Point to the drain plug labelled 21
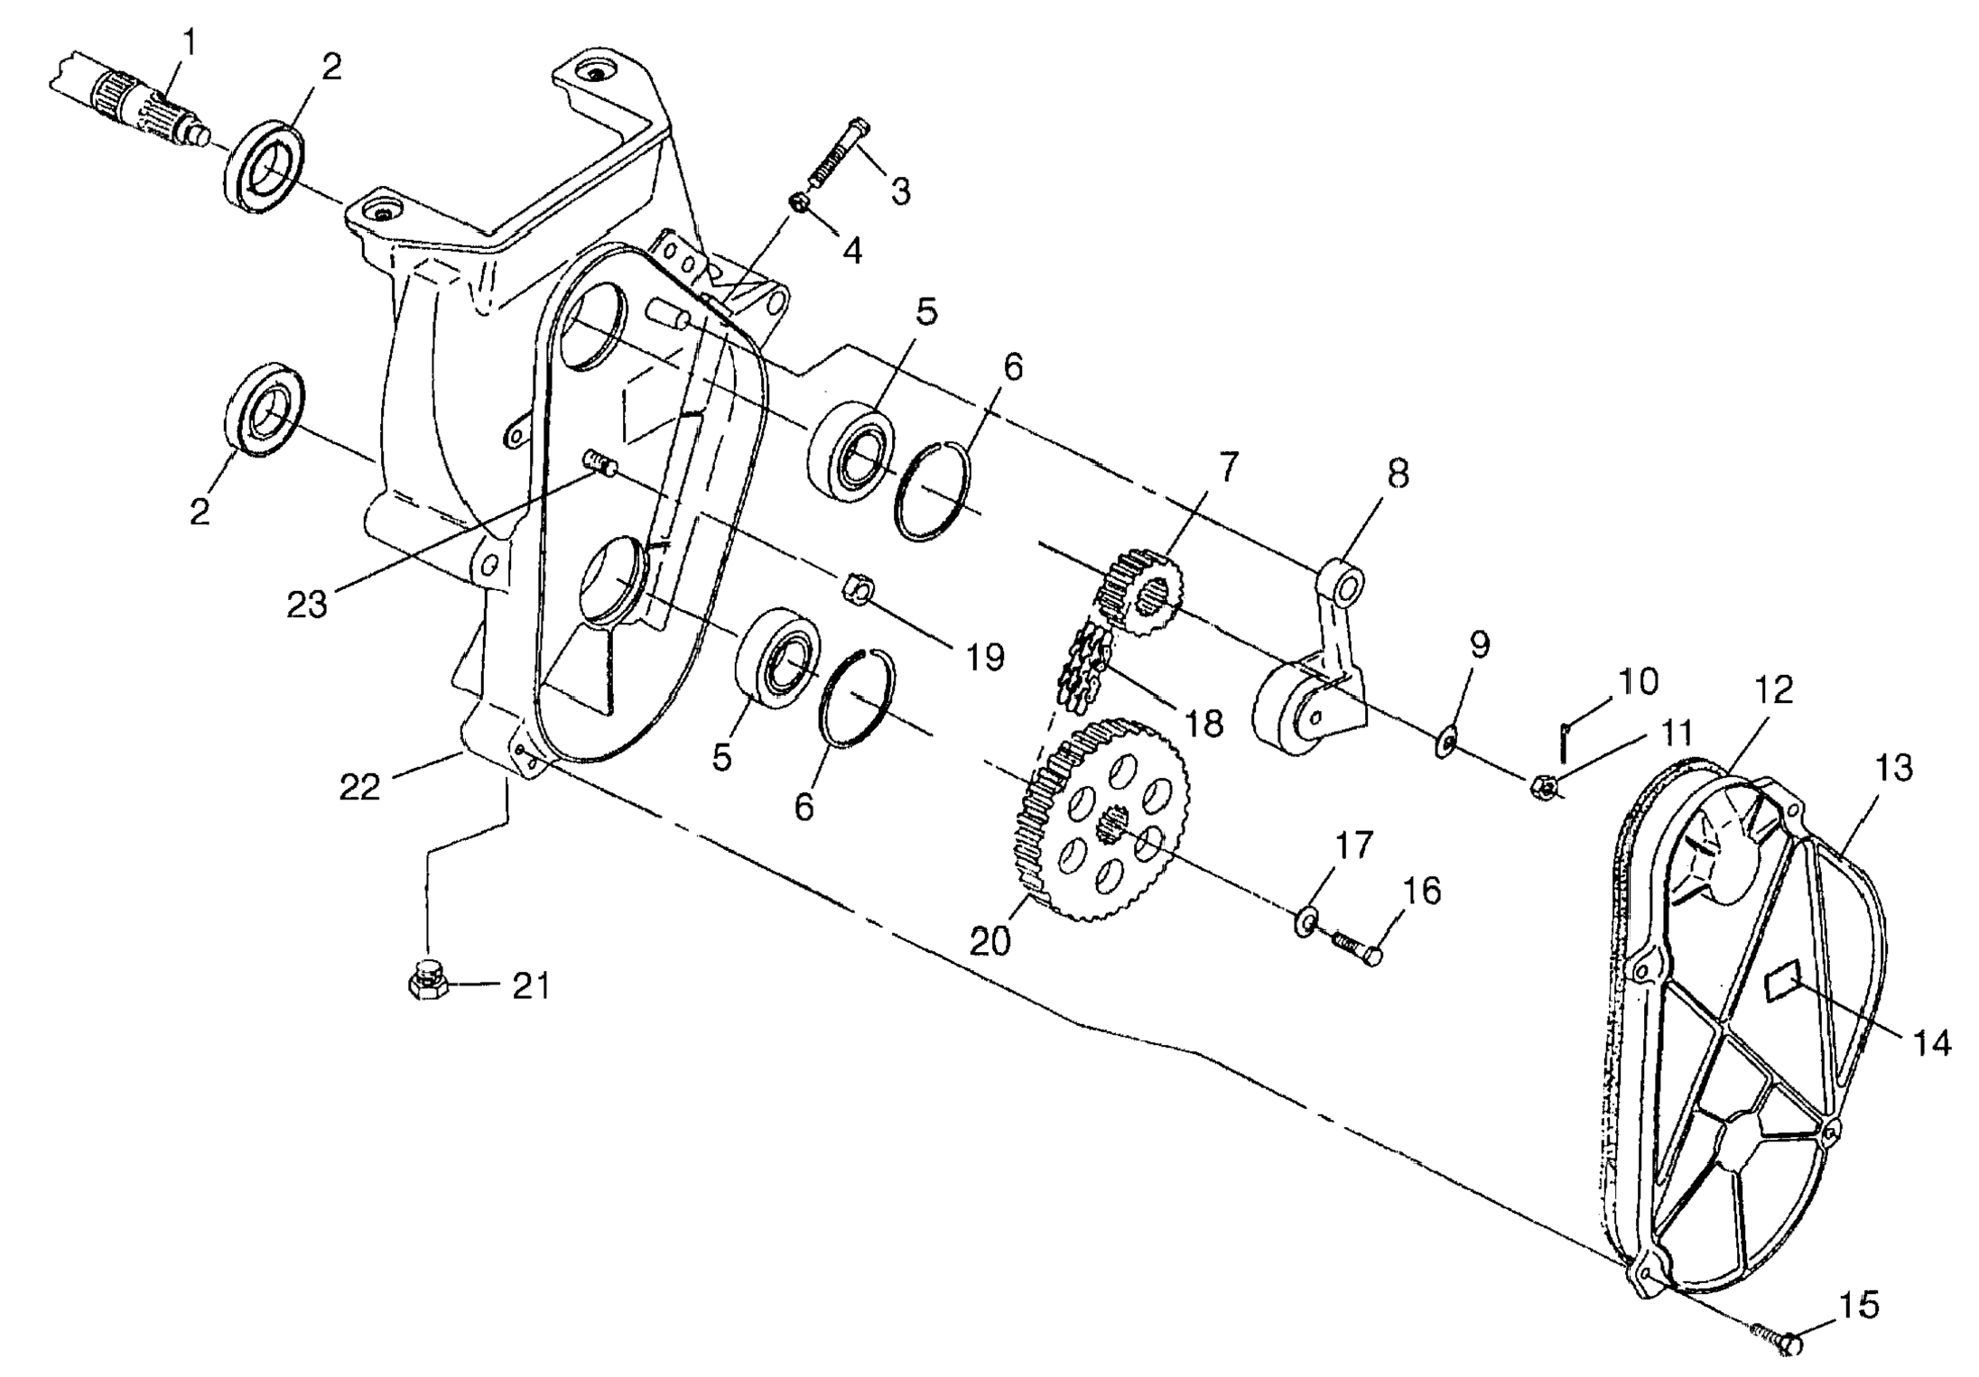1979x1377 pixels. (423, 979)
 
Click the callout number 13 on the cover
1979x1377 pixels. (1893, 768)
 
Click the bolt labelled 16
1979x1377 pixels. (1354, 947)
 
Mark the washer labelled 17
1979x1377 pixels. (1303, 922)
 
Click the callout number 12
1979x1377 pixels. (1772, 691)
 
